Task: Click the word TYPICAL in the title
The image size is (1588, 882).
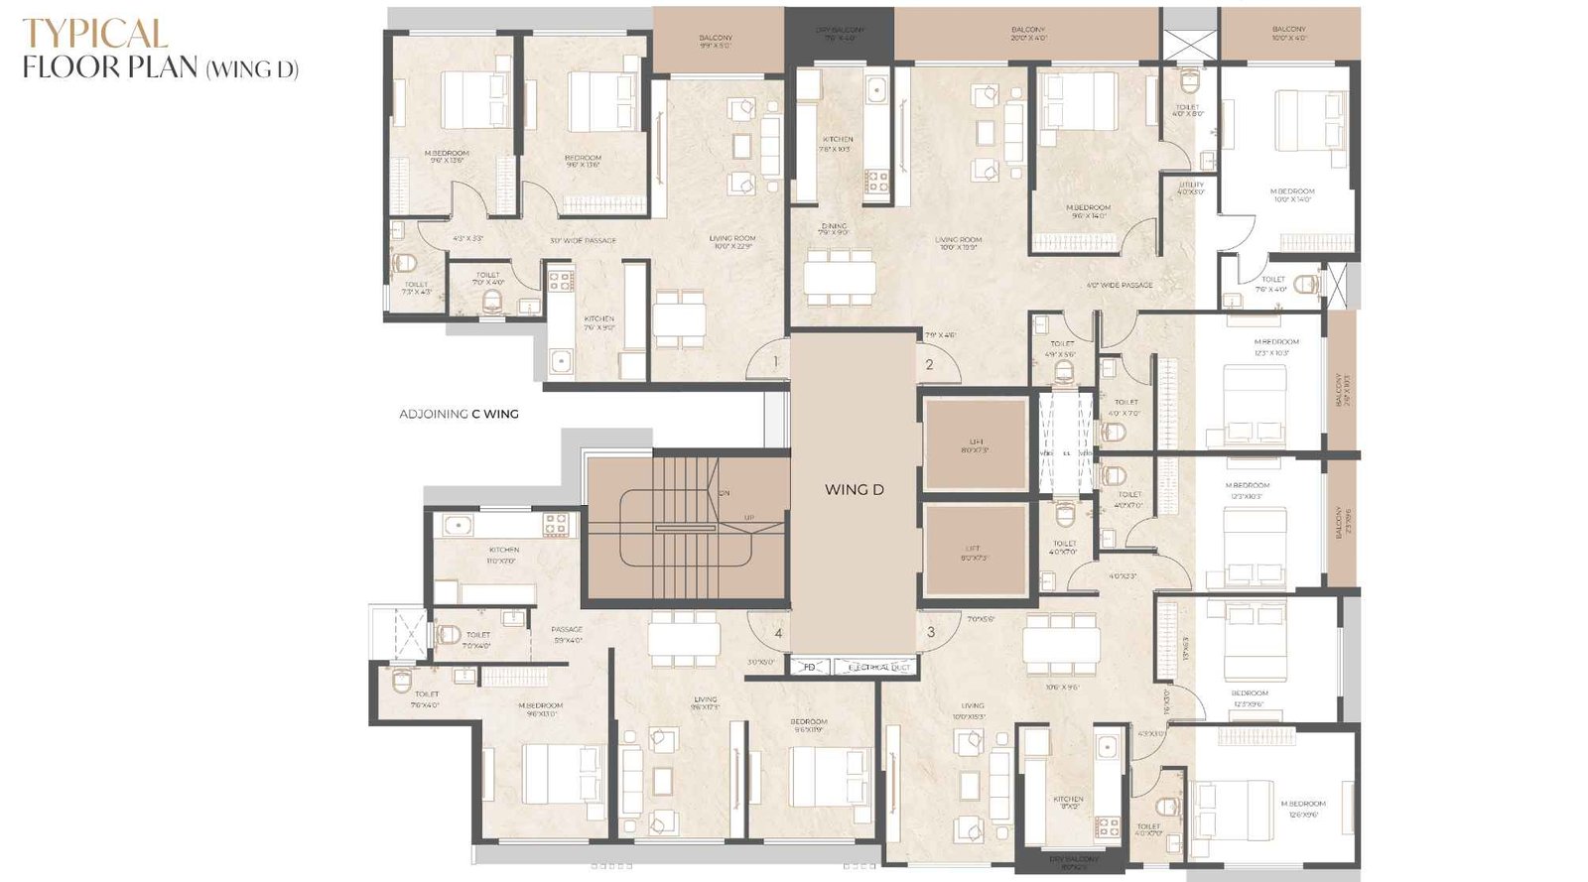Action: (x=95, y=34)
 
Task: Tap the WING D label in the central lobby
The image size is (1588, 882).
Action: (x=854, y=489)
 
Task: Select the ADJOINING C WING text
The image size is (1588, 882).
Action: (x=459, y=414)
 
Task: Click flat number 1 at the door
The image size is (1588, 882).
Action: (x=776, y=362)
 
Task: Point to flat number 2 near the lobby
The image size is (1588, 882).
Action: (x=929, y=364)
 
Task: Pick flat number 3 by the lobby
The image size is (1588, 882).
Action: (x=931, y=632)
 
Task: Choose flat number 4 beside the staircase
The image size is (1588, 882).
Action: (x=778, y=633)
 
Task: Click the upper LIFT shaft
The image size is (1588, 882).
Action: (x=975, y=445)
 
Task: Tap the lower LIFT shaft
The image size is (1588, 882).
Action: (x=974, y=552)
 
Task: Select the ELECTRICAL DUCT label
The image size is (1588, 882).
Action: (x=878, y=668)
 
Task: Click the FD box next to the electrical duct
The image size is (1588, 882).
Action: (x=809, y=668)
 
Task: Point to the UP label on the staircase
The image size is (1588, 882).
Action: (x=749, y=517)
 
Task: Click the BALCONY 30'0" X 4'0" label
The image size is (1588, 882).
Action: (x=1027, y=34)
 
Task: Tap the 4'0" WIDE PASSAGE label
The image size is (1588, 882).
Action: (x=1120, y=285)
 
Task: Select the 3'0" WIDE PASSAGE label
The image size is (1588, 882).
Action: (x=583, y=240)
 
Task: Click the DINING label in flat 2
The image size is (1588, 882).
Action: (x=834, y=229)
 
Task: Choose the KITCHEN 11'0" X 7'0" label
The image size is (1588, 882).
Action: (x=503, y=555)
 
